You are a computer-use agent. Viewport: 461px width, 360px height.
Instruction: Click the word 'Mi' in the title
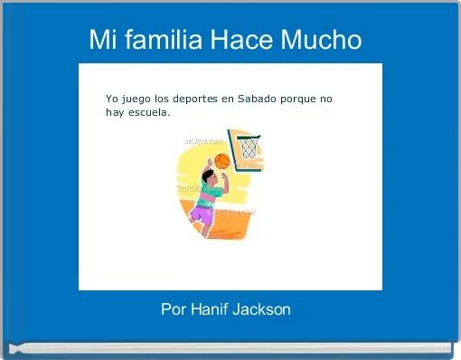(x=101, y=41)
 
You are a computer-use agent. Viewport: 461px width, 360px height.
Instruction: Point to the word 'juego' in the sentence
(x=136, y=99)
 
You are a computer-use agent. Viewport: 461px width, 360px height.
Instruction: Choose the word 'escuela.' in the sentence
(x=148, y=114)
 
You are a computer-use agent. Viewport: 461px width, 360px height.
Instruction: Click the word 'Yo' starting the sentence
(x=112, y=99)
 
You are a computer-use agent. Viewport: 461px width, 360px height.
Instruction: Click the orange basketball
(x=222, y=161)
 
